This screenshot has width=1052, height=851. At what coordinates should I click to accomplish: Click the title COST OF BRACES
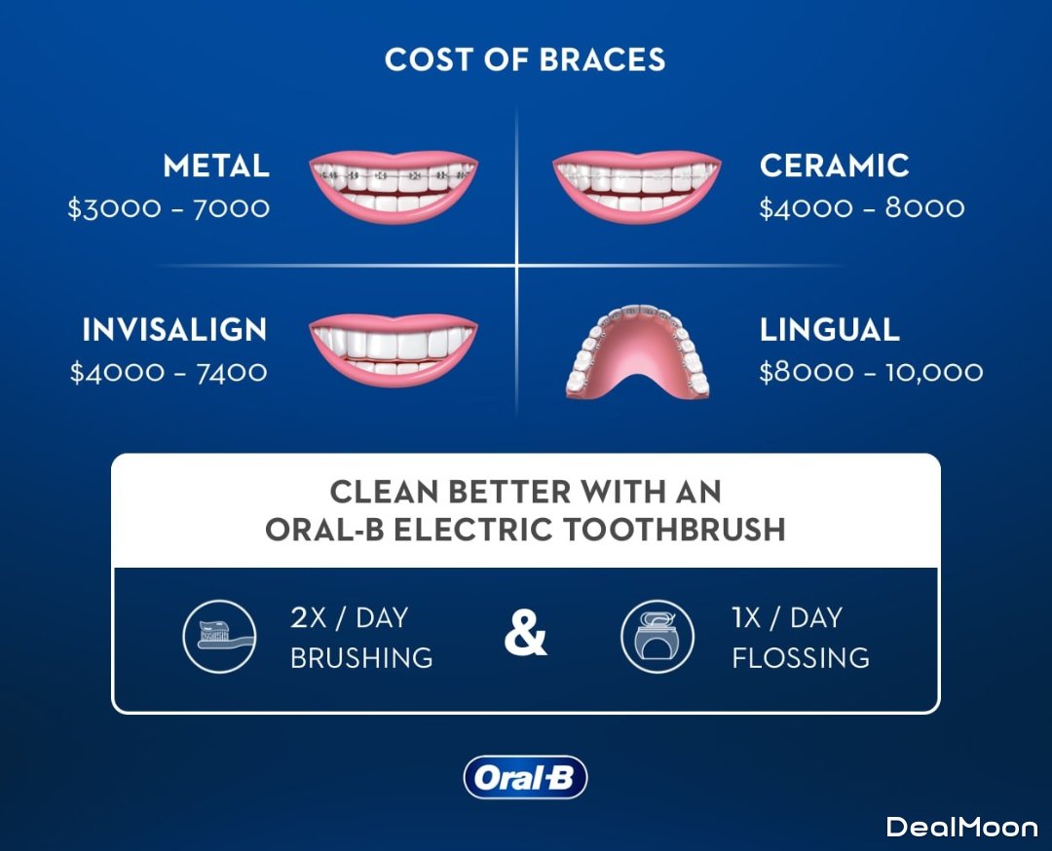525,59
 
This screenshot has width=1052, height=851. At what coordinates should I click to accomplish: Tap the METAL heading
216,166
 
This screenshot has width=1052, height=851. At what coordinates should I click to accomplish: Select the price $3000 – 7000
169,208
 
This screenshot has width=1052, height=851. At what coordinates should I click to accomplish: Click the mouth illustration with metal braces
394,187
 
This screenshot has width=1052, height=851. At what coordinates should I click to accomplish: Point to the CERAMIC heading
834,166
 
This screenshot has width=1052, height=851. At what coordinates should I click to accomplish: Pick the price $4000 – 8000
861,208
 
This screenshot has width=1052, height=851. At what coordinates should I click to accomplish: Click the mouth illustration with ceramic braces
637,187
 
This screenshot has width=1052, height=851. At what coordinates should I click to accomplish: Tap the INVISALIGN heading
174,329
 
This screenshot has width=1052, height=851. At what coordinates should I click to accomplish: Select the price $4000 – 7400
169,372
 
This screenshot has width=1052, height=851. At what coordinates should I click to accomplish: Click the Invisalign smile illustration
394,351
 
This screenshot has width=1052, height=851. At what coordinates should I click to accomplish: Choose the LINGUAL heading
829,329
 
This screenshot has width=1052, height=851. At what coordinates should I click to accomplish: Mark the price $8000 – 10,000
871,372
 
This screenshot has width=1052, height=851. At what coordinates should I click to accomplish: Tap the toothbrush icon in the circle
219,637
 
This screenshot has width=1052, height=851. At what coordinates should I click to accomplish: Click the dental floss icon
657,637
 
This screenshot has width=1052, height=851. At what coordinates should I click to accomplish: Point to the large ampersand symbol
525,633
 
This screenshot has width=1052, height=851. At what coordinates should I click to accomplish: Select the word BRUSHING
361,658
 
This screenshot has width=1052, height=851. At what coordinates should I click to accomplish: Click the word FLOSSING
801,658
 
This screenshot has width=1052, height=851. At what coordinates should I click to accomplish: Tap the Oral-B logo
525,777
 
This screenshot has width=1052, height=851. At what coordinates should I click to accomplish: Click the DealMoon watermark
962,827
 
